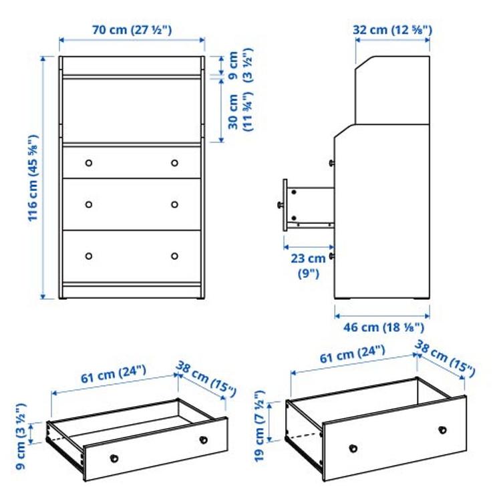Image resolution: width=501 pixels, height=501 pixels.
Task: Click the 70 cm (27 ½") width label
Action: (x=132, y=29)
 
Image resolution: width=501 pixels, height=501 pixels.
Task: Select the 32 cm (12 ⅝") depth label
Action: (x=392, y=29)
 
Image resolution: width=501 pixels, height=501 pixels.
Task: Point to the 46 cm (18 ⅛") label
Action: (x=381, y=328)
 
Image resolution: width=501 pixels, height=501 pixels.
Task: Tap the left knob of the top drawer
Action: (x=88, y=163)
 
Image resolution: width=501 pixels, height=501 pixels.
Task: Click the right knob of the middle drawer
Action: (x=174, y=204)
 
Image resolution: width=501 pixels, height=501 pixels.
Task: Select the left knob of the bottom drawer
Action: (x=88, y=255)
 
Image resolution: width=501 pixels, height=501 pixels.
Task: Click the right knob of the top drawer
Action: (x=174, y=163)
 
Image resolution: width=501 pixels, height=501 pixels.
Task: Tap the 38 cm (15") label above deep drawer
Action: (x=445, y=358)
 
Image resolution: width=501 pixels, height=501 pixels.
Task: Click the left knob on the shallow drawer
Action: (x=114, y=458)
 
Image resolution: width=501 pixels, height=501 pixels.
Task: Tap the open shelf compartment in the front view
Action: (x=132, y=111)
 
